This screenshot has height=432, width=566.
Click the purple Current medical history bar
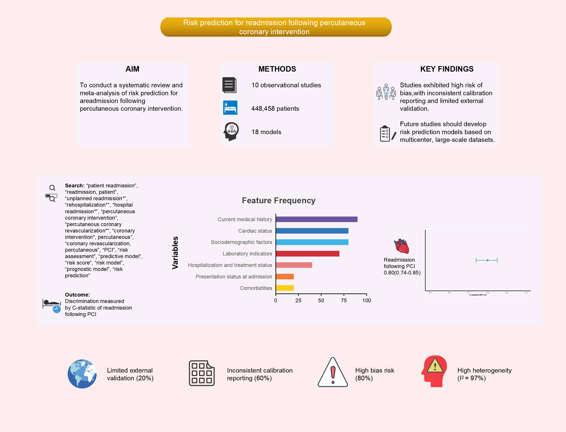click(316, 219)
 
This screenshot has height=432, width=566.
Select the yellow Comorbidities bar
click(285, 288)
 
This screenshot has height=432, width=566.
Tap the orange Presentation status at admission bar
click(285, 277)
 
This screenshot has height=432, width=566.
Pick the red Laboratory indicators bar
click(308, 254)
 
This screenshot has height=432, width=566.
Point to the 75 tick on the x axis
click(344, 300)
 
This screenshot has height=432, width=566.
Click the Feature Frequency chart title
click(278, 201)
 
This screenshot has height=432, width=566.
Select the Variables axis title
click(175, 253)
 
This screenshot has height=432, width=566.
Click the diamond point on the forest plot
click(488, 260)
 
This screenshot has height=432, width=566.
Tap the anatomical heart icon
click(401, 246)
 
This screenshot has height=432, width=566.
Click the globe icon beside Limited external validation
click(82, 374)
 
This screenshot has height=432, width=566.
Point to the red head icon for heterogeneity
click(434, 371)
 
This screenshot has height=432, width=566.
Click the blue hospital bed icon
click(230, 107)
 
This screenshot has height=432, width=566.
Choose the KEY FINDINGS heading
click(447, 69)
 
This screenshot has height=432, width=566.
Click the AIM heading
click(132, 69)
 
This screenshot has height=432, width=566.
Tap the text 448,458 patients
click(275, 108)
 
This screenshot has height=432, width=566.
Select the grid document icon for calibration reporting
click(201, 373)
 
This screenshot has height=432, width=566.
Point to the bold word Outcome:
click(77, 295)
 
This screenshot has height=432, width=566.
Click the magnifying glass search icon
click(52, 193)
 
